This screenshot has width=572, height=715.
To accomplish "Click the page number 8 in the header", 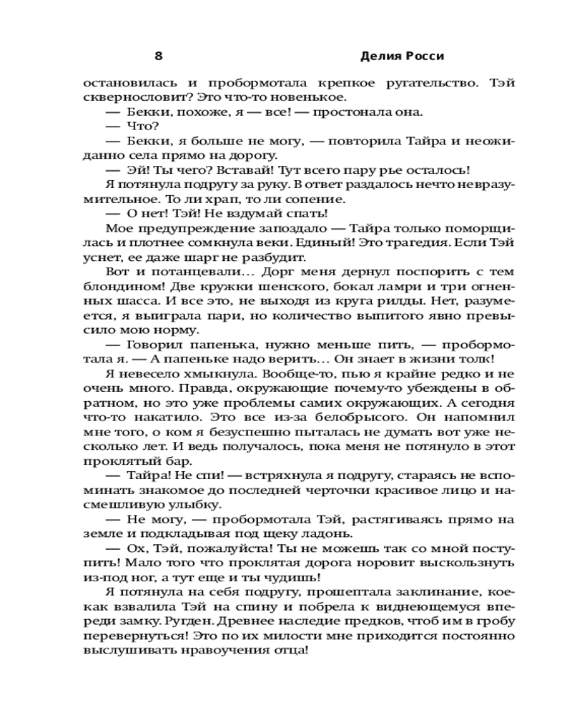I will point(158,56).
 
